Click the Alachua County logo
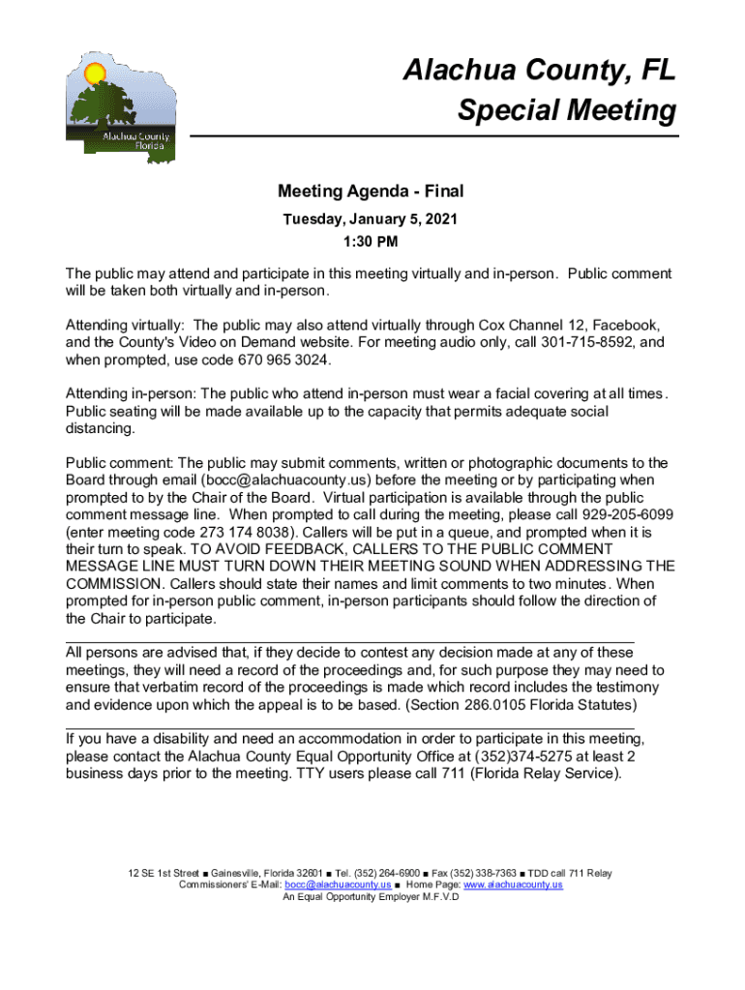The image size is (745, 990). (122, 106)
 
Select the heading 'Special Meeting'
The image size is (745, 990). (567, 110)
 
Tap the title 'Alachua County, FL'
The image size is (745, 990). (540, 71)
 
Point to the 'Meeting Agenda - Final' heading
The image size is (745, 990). (372, 191)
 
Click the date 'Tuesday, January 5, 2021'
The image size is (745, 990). (372, 219)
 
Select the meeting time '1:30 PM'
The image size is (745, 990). (372, 241)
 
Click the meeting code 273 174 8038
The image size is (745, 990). (242, 531)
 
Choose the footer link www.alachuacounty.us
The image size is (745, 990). (513, 885)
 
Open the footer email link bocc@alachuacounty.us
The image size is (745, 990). (338, 885)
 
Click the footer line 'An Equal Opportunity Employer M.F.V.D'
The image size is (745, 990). (372, 896)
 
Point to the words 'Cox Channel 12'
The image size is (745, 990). (529, 324)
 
